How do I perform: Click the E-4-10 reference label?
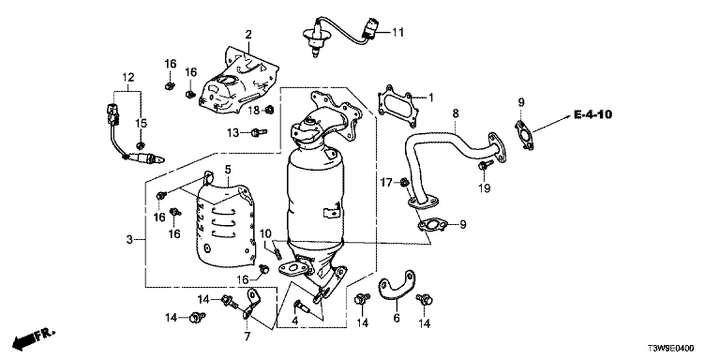(592, 113)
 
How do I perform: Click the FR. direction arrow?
(33, 337)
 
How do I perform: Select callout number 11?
(397, 32)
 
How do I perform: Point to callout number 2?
(248, 35)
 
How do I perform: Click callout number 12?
(128, 77)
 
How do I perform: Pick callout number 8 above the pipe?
(455, 113)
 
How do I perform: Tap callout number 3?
(129, 239)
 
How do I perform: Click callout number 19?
(485, 187)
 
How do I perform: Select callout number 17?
(386, 183)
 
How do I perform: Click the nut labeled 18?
(270, 110)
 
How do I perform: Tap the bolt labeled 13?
(259, 133)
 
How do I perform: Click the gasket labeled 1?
(397, 104)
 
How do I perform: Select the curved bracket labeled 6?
(397, 284)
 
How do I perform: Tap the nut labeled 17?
(404, 182)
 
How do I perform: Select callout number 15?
(141, 123)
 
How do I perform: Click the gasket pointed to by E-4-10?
(524, 135)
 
